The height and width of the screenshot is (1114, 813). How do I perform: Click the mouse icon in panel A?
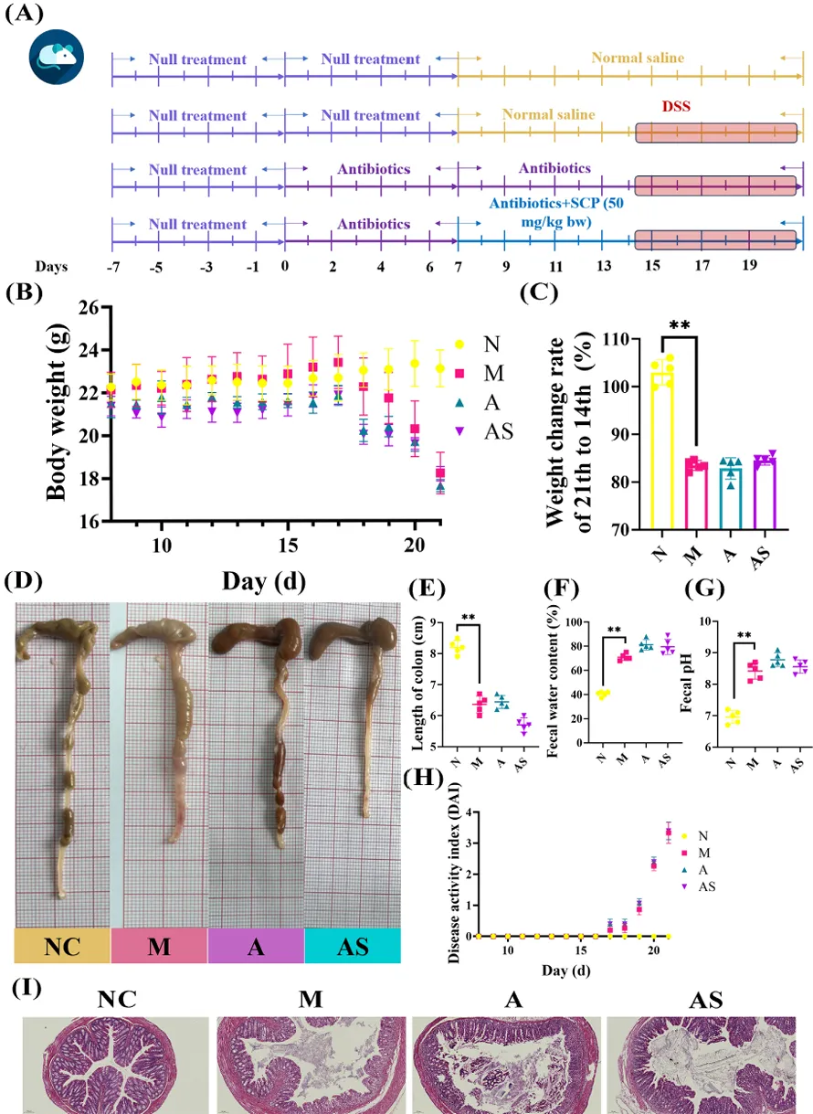pyautogui.click(x=57, y=57)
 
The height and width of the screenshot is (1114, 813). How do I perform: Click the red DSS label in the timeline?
pyautogui.click(x=676, y=106)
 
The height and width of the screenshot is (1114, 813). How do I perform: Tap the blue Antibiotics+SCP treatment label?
pyautogui.click(x=556, y=212)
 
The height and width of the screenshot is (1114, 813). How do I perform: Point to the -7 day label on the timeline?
pyautogui.click(x=113, y=267)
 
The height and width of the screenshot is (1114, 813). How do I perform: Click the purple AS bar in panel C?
pyautogui.click(x=765, y=493)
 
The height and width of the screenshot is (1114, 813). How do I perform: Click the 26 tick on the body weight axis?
pyautogui.click(x=90, y=308)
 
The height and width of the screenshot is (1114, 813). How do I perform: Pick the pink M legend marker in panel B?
pyautogui.click(x=459, y=373)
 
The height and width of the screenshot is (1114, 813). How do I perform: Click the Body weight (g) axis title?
pyautogui.click(x=57, y=413)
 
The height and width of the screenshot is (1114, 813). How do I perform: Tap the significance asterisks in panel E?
pyautogui.click(x=468, y=618)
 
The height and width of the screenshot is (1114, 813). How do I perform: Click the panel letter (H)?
pyautogui.click(x=423, y=778)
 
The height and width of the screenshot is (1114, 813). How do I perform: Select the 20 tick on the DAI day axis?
pyautogui.click(x=653, y=950)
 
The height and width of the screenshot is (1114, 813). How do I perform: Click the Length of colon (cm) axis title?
pyautogui.click(x=417, y=686)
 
